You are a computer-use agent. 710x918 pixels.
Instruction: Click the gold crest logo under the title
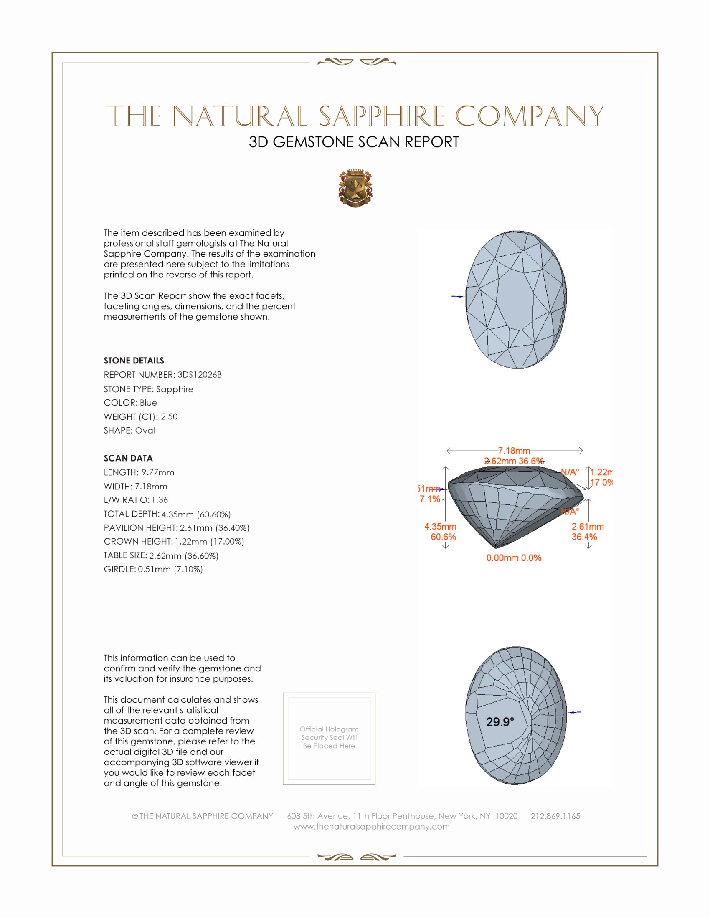355,188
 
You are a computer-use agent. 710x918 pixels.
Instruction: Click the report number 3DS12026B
199,375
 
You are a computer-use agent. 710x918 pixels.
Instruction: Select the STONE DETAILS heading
134,361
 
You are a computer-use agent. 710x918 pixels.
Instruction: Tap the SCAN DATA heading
128,458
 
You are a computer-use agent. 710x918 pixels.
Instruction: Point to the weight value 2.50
169,416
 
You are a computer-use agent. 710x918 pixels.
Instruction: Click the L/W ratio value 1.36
160,500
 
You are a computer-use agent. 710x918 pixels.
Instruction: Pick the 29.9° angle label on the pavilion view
500,722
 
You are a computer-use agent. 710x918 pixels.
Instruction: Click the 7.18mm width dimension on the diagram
514,451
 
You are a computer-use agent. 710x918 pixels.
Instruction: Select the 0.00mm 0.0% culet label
514,558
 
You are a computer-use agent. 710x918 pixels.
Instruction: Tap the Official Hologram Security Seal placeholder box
329,739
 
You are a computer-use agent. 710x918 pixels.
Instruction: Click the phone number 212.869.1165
555,816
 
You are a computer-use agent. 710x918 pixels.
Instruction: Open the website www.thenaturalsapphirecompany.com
371,826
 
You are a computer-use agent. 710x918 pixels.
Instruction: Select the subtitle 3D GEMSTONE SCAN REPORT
354,142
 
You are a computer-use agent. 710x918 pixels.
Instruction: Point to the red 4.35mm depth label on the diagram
440,526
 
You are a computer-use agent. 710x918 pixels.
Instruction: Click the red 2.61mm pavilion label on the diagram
587,526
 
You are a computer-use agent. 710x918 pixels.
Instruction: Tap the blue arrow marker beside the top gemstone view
458,296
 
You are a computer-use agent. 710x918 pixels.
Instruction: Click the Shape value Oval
145,431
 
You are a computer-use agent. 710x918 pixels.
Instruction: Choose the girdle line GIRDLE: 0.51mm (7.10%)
153,569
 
